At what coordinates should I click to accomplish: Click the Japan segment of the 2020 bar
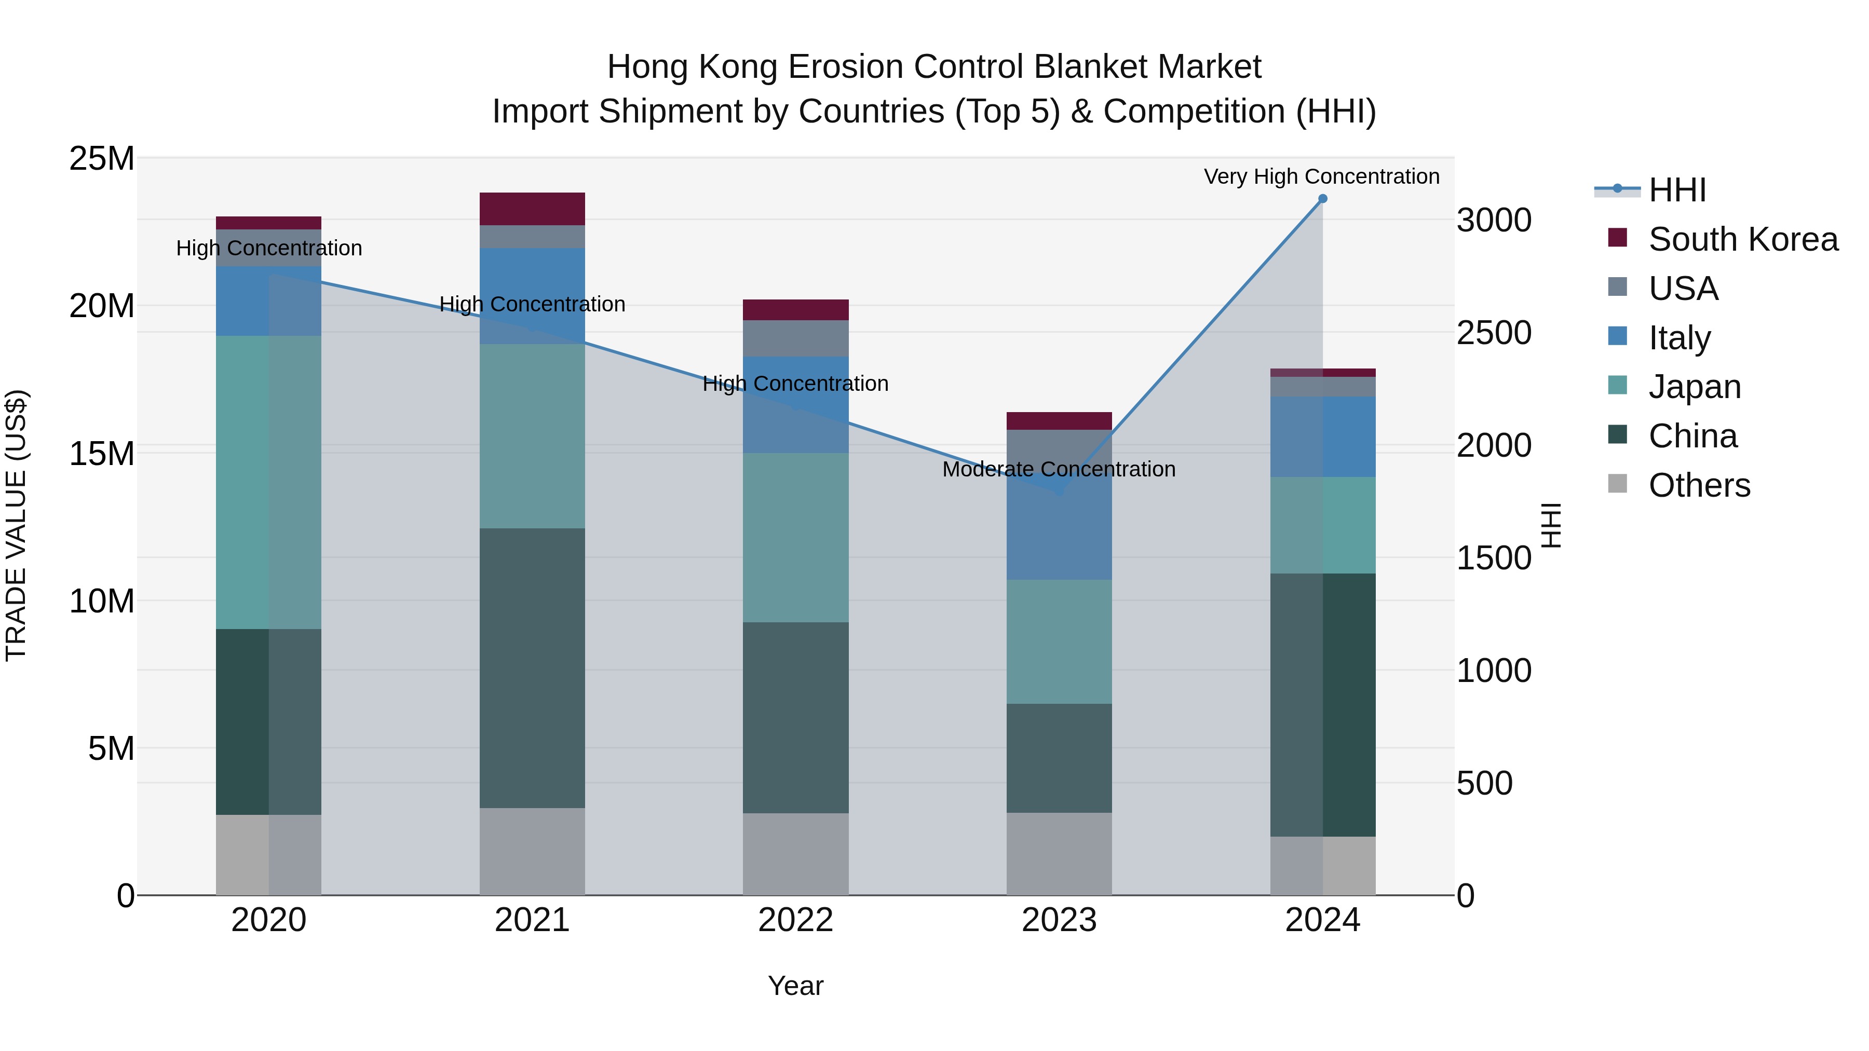268,482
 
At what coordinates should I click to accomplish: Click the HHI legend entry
1676,190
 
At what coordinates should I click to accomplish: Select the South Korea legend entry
1741,239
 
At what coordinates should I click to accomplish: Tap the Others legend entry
1698,485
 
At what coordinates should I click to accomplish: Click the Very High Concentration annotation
1321,176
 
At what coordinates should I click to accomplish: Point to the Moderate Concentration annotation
1059,469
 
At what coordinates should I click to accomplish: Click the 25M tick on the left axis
102,158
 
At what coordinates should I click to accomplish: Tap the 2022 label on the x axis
795,920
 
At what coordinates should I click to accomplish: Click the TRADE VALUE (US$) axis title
16,525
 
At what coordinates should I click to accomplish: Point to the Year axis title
795,986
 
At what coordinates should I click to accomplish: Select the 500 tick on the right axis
1484,783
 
